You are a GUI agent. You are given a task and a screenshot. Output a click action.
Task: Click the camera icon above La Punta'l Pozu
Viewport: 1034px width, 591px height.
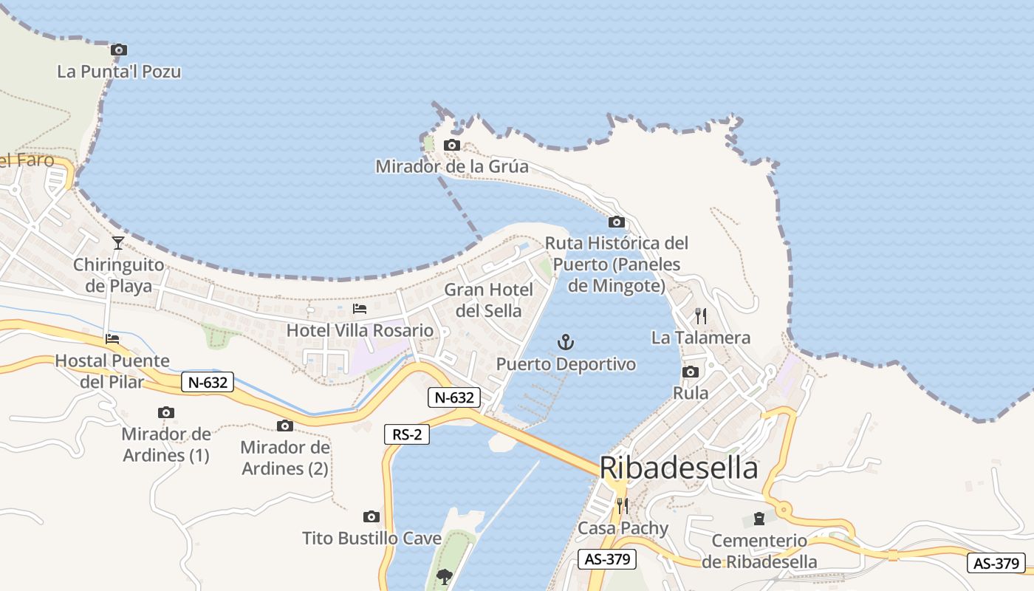(x=119, y=50)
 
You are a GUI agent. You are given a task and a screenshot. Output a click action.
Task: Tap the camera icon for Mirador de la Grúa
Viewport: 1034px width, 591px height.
(x=451, y=146)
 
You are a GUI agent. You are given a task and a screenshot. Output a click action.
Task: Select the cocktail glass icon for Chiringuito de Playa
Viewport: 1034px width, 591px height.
(x=118, y=242)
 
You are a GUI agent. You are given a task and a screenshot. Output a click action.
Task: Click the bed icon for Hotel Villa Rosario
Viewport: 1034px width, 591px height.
(x=360, y=308)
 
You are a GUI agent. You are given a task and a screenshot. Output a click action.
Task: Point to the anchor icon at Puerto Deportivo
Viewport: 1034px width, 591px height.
(x=566, y=342)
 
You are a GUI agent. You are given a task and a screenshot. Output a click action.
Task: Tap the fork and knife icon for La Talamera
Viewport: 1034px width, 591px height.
(x=701, y=316)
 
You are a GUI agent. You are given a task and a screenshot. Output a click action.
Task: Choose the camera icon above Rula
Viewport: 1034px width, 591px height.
(x=691, y=372)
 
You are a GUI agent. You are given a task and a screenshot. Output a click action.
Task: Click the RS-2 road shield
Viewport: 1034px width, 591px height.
(x=407, y=434)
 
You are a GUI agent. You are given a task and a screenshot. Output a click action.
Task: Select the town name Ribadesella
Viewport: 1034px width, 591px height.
(x=678, y=468)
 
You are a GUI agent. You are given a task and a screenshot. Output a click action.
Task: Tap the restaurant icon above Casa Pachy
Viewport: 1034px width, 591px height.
(x=623, y=506)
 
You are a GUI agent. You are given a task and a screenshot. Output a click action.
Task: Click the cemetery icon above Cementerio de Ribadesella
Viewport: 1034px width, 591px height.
(x=759, y=519)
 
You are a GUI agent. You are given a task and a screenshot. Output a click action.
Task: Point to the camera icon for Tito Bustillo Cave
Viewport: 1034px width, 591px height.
(x=372, y=516)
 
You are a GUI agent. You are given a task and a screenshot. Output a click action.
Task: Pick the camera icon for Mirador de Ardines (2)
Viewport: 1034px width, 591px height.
(x=284, y=426)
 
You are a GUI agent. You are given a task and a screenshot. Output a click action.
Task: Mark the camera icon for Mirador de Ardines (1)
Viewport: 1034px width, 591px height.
(x=166, y=412)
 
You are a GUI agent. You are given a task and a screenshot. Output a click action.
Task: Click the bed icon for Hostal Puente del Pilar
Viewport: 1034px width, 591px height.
(x=112, y=339)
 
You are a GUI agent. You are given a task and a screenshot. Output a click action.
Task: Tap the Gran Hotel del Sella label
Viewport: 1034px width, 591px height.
(x=488, y=300)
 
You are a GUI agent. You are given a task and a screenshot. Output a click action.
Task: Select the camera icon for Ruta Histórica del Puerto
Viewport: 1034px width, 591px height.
(x=616, y=222)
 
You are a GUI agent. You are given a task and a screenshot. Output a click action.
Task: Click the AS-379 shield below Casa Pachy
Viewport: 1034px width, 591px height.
(x=606, y=559)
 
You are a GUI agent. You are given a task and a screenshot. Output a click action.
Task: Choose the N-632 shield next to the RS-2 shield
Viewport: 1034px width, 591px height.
(x=454, y=397)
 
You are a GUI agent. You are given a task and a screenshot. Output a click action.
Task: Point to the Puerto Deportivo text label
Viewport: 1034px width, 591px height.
(x=566, y=364)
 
